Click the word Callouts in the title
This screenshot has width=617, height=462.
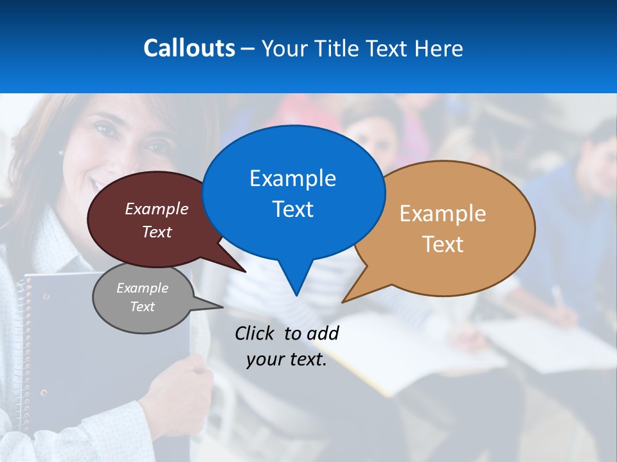point(189,48)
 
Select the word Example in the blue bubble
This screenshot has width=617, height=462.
point(292,178)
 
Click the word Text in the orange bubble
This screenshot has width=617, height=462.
point(443,244)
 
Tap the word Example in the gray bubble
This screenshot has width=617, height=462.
point(142,289)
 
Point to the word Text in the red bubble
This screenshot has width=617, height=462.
point(156,232)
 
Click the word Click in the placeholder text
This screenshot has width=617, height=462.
point(256,333)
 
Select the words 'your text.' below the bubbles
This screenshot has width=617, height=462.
point(287,359)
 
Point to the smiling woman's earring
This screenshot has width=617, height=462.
point(62,153)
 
